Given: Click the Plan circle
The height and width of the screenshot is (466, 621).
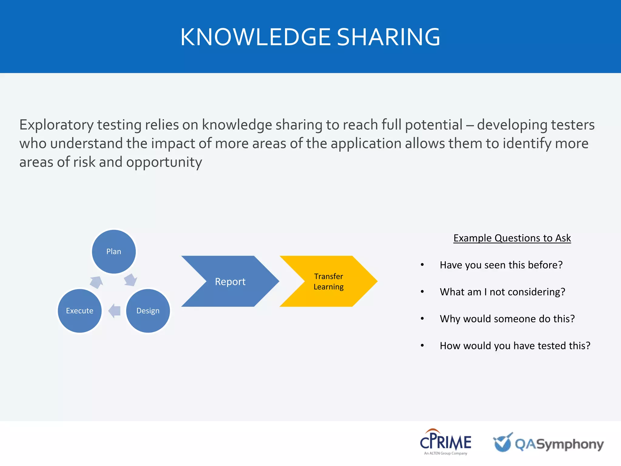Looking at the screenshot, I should [x=114, y=252].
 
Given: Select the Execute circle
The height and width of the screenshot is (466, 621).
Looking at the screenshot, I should [x=80, y=311].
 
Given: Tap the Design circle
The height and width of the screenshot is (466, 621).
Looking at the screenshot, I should [x=148, y=311].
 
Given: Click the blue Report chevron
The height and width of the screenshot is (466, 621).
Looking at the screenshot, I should [x=230, y=281].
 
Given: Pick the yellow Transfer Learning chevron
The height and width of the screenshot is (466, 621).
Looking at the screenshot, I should [x=329, y=281].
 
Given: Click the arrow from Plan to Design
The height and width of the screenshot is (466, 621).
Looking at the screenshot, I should [x=131, y=280].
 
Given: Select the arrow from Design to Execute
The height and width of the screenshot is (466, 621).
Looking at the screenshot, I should [x=115, y=311].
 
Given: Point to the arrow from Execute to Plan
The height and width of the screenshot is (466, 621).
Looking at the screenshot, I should [x=97, y=282].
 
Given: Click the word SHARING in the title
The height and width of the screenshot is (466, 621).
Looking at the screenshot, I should [x=388, y=37].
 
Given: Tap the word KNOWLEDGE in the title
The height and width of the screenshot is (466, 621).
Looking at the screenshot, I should [x=255, y=37].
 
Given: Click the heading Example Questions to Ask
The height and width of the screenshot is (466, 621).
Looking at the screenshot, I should [x=512, y=238].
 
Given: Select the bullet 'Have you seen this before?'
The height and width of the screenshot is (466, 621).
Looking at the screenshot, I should [x=501, y=265].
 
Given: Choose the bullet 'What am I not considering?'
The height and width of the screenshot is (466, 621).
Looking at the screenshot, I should [x=502, y=292].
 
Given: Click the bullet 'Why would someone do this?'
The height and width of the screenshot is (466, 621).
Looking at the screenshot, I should [x=507, y=319].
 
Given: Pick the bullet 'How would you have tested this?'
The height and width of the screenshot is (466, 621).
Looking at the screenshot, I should [x=515, y=346].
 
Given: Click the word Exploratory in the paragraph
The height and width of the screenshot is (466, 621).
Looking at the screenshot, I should [x=56, y=125].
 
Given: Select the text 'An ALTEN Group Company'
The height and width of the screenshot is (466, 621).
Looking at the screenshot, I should [x=445, y=453].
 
